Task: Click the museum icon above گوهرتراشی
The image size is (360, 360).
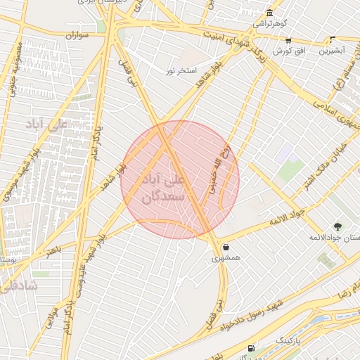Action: click(x=270, y=13)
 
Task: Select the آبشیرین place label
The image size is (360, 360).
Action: click(x=332, y=51)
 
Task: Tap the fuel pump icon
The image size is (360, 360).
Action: click(x=251, y=349)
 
